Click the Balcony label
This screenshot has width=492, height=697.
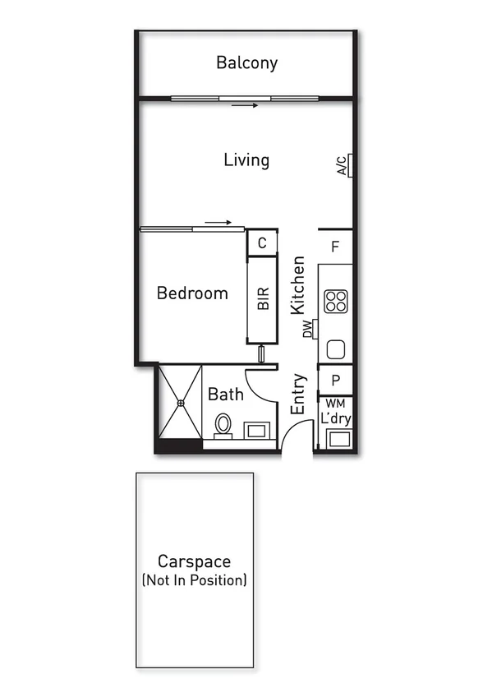[246, 62]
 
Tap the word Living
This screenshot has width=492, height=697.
[246, 159]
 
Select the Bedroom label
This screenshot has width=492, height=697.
[192, 293]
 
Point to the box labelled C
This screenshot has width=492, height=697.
[261, 243]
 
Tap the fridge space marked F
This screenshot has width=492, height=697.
[335, 247]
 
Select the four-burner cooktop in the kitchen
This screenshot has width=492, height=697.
[335, 302]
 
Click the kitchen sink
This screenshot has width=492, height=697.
[336, 349]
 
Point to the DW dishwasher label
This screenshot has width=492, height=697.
[308, 330]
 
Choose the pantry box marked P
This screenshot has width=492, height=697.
[335, 380]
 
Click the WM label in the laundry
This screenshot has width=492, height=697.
[335, 404]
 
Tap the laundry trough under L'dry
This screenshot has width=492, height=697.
[337, 438]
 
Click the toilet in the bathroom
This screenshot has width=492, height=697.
[223, 425]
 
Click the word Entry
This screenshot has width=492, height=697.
[298, 394]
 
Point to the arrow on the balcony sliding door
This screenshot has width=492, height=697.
[245, 105]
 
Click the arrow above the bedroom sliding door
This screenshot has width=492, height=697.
[218, 222]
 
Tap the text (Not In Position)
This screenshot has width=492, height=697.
[195, 580]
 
